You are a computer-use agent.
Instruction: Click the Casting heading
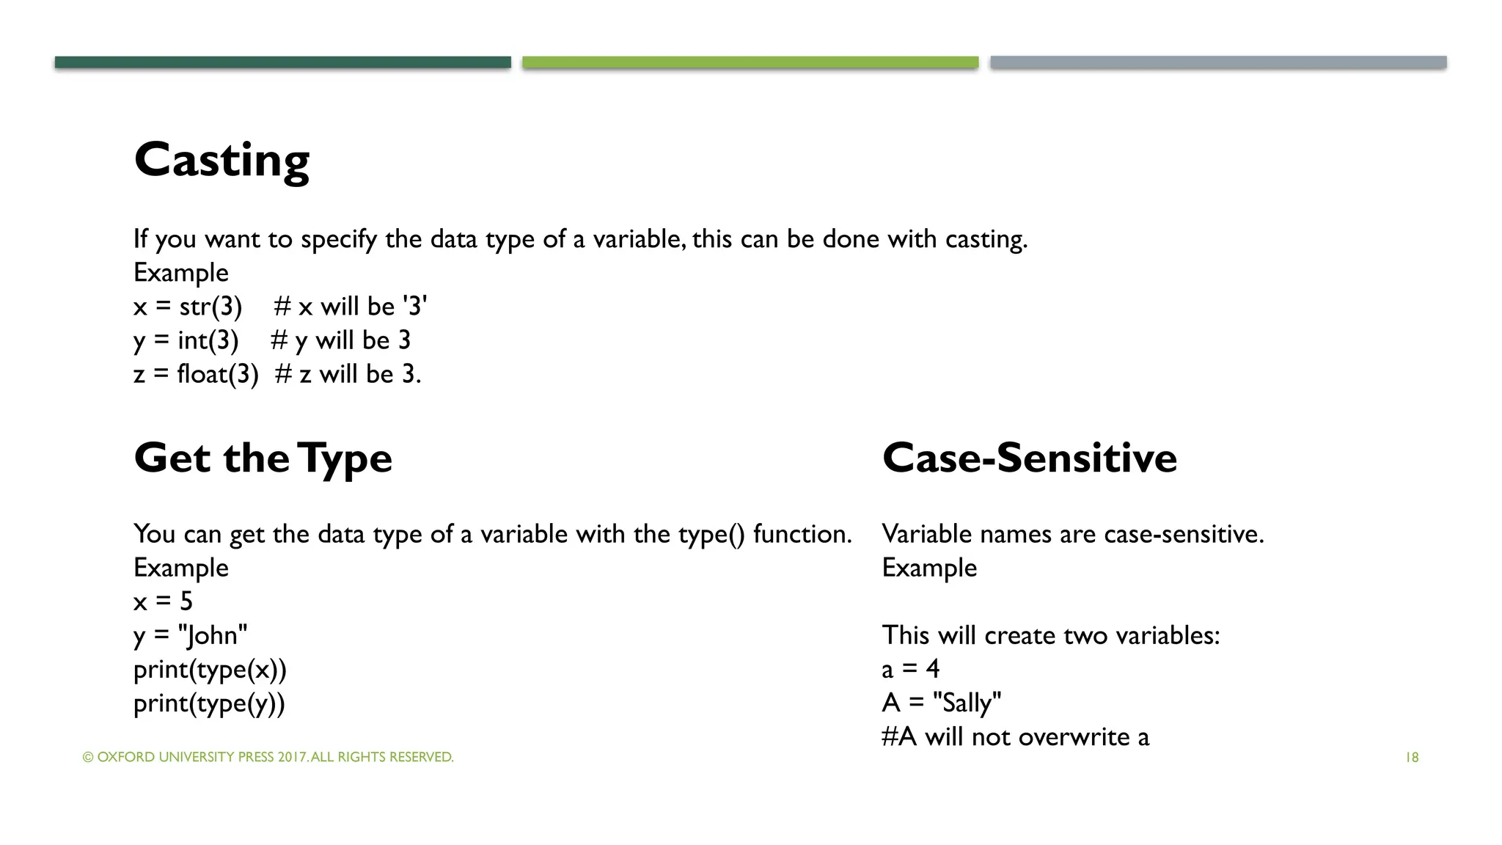[x=221, y=160]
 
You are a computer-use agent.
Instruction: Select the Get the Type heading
[x=263, y=458]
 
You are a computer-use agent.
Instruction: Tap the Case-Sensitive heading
[x=1029, y=458]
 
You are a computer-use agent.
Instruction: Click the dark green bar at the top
[x=282, y=62]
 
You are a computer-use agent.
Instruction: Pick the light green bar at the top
[x=750, y=62]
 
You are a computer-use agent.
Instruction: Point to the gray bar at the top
[x=1217, y=62]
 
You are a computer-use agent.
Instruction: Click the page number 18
[x=1412, y=757]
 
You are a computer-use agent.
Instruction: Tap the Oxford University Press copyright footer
[x=268, y=757]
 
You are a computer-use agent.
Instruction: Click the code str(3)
[x=210, y=307]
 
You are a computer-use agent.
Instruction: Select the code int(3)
[x=208, y=340]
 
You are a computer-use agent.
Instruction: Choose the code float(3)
[x=218, y=374]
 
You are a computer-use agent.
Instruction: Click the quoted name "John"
[x=213, y=635]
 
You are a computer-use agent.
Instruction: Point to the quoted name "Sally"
[x=967, y=703]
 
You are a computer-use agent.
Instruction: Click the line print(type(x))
[x=210, y=669]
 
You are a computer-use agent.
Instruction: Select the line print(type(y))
[x=209, y=703]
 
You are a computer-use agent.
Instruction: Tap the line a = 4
[x=910, y=669]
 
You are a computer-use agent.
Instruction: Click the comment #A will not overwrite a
[x=1015, y=736]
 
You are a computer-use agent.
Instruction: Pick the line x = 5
[x=163, y=601]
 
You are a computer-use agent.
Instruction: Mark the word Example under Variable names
[x=928, y=568]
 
